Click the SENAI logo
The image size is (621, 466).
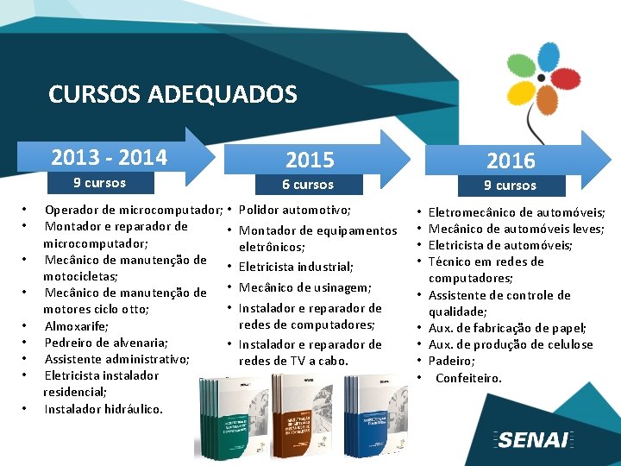tap(534, 439)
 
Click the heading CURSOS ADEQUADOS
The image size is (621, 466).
tap(172, 94)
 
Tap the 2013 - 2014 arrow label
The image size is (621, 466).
tap(109, 157)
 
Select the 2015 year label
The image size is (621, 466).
tap(309, 160)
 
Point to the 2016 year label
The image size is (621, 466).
tap(511, 161)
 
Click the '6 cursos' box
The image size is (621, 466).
tap(308, 185)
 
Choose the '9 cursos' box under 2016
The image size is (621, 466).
tap(510, 186)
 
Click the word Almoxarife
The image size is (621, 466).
tap(76, 326)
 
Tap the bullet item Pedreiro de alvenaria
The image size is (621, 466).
tap(105, 343)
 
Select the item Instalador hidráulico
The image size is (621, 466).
tap(103, 409)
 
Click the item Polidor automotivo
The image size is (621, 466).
tap(294, 210)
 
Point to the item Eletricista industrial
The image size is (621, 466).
tap(296, 267)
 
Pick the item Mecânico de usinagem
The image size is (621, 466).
tap(304, 287)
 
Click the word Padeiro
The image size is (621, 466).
tap(451, 361)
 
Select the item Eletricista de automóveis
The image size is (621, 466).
tap(500, 245)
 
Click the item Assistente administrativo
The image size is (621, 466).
tap(116, 359)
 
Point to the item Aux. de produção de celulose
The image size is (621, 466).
tap(511, 344)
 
